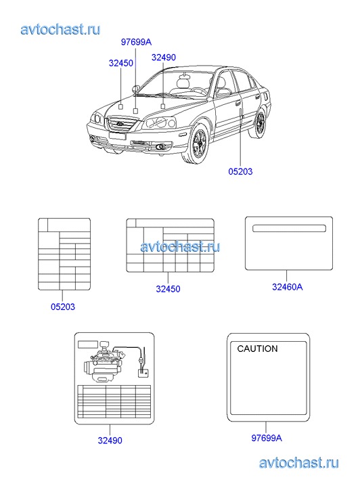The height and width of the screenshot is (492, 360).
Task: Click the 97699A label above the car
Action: [x=136, y=42]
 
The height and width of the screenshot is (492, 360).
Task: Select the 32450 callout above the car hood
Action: [x=121, y=63]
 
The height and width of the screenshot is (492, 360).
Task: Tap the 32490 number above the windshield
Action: [x=164, y=58]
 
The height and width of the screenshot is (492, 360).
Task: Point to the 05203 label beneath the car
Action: [x=240, y=171]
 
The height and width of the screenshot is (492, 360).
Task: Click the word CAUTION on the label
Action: [x=257, y=349]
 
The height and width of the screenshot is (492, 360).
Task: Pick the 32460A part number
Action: [x=287, y=287]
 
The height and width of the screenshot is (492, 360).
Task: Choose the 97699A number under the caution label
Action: [x=267, y=438]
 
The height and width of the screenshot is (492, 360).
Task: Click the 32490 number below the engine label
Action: [x=110, y=440]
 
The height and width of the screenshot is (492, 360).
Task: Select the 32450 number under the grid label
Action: [x=168, y=289]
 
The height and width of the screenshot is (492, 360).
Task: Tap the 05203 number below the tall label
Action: [x=63, y=307]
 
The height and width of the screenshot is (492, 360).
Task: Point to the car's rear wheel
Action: [x=259, y=123]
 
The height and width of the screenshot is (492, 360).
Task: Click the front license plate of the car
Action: [x=117, y=135]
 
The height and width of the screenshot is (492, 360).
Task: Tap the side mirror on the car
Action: [x=136, y=89]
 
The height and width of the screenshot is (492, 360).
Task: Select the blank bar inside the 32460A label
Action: [x=289, y=228]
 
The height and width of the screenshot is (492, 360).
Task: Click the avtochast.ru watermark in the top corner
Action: [x=60, y=29]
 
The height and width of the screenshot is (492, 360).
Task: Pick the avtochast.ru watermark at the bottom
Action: [x=299, y=463]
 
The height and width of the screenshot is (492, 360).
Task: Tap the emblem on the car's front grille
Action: [x=120, y=123]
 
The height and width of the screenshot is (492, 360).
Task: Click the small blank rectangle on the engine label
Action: [x=88, y=344]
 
